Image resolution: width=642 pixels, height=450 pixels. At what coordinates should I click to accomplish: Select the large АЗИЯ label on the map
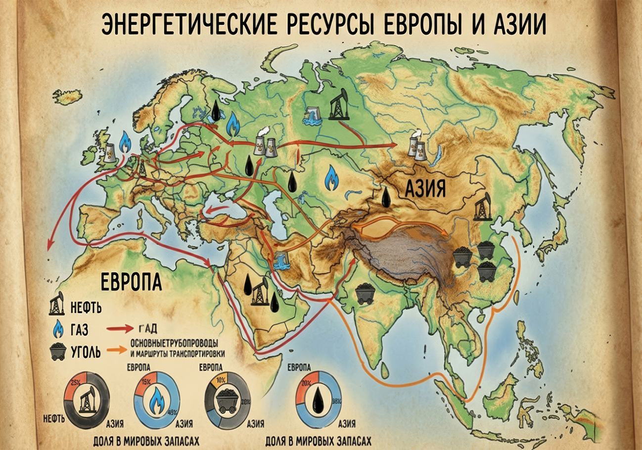pyautogui.click(x=426, y=188)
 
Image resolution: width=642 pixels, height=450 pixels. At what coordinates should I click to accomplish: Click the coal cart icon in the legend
pyautogui.click(x=58, y=352)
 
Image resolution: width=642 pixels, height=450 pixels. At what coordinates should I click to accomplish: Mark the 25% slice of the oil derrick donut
pyautogui.click(x=77, y=383)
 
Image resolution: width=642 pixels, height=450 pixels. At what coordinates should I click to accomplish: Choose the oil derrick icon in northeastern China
pyautogui.click(x=481, y=207)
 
